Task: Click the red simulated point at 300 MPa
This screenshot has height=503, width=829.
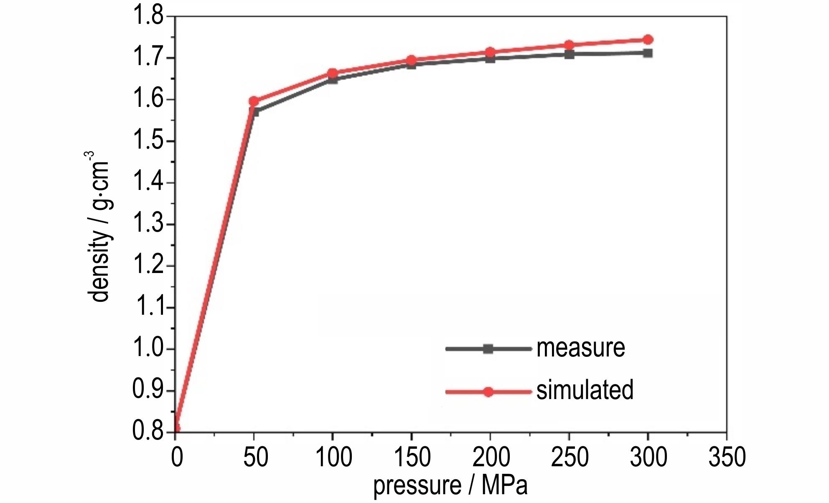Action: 648,40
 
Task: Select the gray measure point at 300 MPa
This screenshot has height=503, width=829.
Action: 648,53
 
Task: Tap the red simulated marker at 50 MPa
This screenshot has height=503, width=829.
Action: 254,101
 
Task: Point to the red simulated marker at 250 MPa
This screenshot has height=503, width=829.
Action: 569,45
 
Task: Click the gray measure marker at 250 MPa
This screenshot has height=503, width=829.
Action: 569,54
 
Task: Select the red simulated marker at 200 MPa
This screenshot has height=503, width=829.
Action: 490,53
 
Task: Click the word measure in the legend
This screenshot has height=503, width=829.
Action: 580,348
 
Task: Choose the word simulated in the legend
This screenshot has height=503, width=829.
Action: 585,390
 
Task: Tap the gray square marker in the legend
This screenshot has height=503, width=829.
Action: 488,349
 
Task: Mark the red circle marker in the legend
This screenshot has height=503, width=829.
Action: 488,392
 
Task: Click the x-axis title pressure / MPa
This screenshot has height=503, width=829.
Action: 450,485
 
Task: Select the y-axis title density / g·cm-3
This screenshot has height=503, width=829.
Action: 99,227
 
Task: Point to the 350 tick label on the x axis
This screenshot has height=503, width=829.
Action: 727,457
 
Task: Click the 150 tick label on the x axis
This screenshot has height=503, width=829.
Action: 412,457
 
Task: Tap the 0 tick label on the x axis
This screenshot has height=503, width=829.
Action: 177,457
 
